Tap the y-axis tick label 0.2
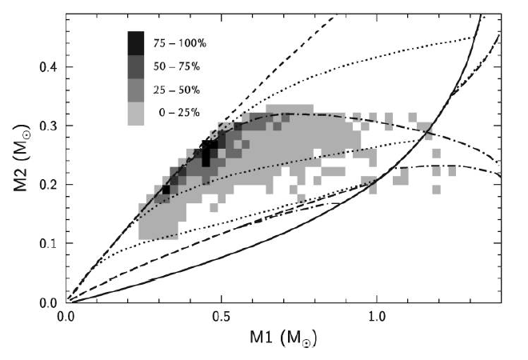coord(49,185)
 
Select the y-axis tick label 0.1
coord(49,244)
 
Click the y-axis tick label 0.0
coord(49,302)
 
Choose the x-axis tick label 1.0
coord(376,318)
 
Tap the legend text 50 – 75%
coord(186,67)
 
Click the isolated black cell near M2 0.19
coord(166,190)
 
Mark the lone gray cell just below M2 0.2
coord(437,190)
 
